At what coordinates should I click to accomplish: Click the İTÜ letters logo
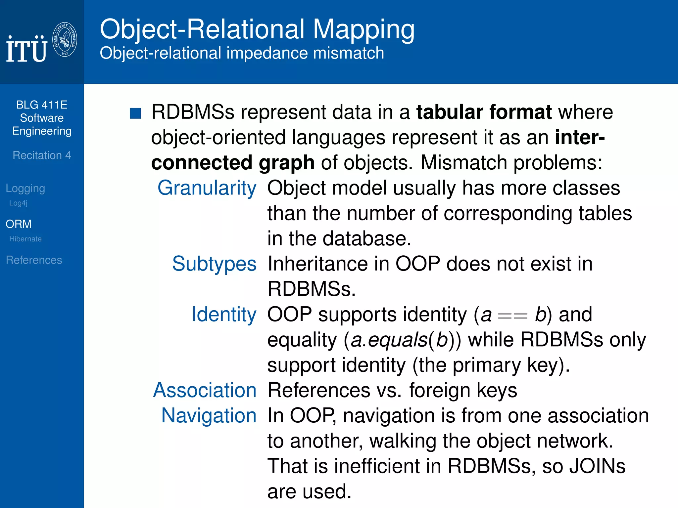pos(26,49)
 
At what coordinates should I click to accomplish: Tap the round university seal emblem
pos(65,39)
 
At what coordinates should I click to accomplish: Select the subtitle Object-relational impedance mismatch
pos(242,53)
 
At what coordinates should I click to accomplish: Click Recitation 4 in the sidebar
pos(42,155)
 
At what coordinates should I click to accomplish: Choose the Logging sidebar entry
pos(25,188)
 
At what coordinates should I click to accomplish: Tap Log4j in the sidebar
pos(18,203)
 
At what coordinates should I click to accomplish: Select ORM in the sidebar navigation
pos(19,224)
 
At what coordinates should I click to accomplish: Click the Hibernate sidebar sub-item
pos(25,239)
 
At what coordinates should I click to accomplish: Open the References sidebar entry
pos(34,260)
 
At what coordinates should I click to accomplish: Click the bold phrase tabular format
pos(484,112)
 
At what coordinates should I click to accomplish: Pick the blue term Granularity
pos(207,188)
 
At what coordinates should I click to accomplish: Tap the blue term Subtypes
pos(214,264)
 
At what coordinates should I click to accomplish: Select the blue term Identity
pos(224,314)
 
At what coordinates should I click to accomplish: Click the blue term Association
pos(205,390)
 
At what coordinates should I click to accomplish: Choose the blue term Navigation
pos(209,415)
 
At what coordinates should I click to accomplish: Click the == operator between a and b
pos(512,317)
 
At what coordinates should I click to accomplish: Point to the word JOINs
pos(597,466)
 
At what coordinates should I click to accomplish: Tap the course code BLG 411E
pos(42,105)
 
